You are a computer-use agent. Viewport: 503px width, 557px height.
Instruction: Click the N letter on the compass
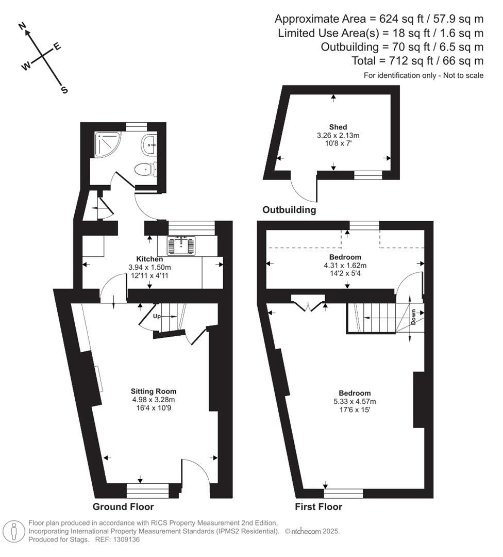point(23,26)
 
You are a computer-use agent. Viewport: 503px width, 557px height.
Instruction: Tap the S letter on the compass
point(64,90)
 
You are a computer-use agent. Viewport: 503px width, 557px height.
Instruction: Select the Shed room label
point(338,127)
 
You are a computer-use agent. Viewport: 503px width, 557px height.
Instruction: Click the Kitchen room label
point(149,259)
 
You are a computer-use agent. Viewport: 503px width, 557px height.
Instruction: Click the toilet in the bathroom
point(143,169)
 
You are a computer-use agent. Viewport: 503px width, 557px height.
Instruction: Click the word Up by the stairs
point(158,316)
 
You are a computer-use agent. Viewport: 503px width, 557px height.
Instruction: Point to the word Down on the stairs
point(414,315)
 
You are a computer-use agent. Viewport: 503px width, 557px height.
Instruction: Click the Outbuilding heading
point(289,210)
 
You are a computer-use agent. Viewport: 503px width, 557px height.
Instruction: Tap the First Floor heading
point(318,507)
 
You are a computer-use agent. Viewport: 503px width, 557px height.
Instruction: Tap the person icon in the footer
point(14,531)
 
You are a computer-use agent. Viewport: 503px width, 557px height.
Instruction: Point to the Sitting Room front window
point(148,489)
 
